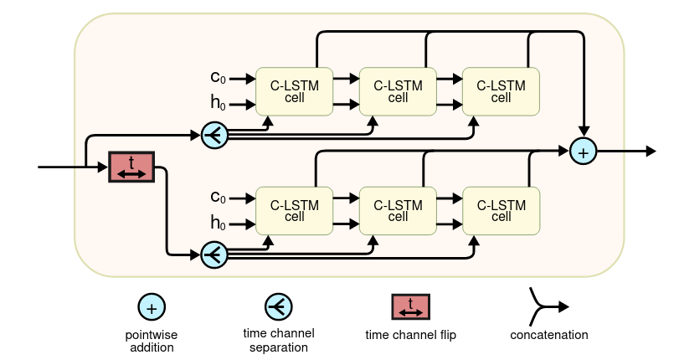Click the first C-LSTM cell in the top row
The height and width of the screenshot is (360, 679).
click(295, 91)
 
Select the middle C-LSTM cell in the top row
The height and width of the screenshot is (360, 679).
click(398, 91)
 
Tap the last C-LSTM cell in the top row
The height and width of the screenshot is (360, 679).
click(501, 91)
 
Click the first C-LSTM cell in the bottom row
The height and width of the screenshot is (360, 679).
click(295, 211)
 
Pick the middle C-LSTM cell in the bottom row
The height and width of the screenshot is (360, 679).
click(398, 211)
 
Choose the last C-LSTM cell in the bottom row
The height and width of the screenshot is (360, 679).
click(501, 211)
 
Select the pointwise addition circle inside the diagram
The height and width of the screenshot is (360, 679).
click(583, 152)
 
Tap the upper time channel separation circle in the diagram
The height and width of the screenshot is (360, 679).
click(214, 134)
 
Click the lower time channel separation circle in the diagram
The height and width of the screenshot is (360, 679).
click(214, 255)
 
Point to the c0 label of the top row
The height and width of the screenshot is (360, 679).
click(218, 78)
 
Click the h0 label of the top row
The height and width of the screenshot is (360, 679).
click(218, 104)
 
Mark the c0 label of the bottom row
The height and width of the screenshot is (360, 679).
click(218, 198)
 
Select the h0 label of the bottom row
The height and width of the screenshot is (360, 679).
click(218, 224)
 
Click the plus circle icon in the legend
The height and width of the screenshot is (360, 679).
click(151, 308)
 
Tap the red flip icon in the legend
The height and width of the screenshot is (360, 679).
click(410, 307)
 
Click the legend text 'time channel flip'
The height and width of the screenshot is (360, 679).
click(410, 335)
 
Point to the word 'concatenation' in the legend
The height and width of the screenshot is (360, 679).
click(548, 335)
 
